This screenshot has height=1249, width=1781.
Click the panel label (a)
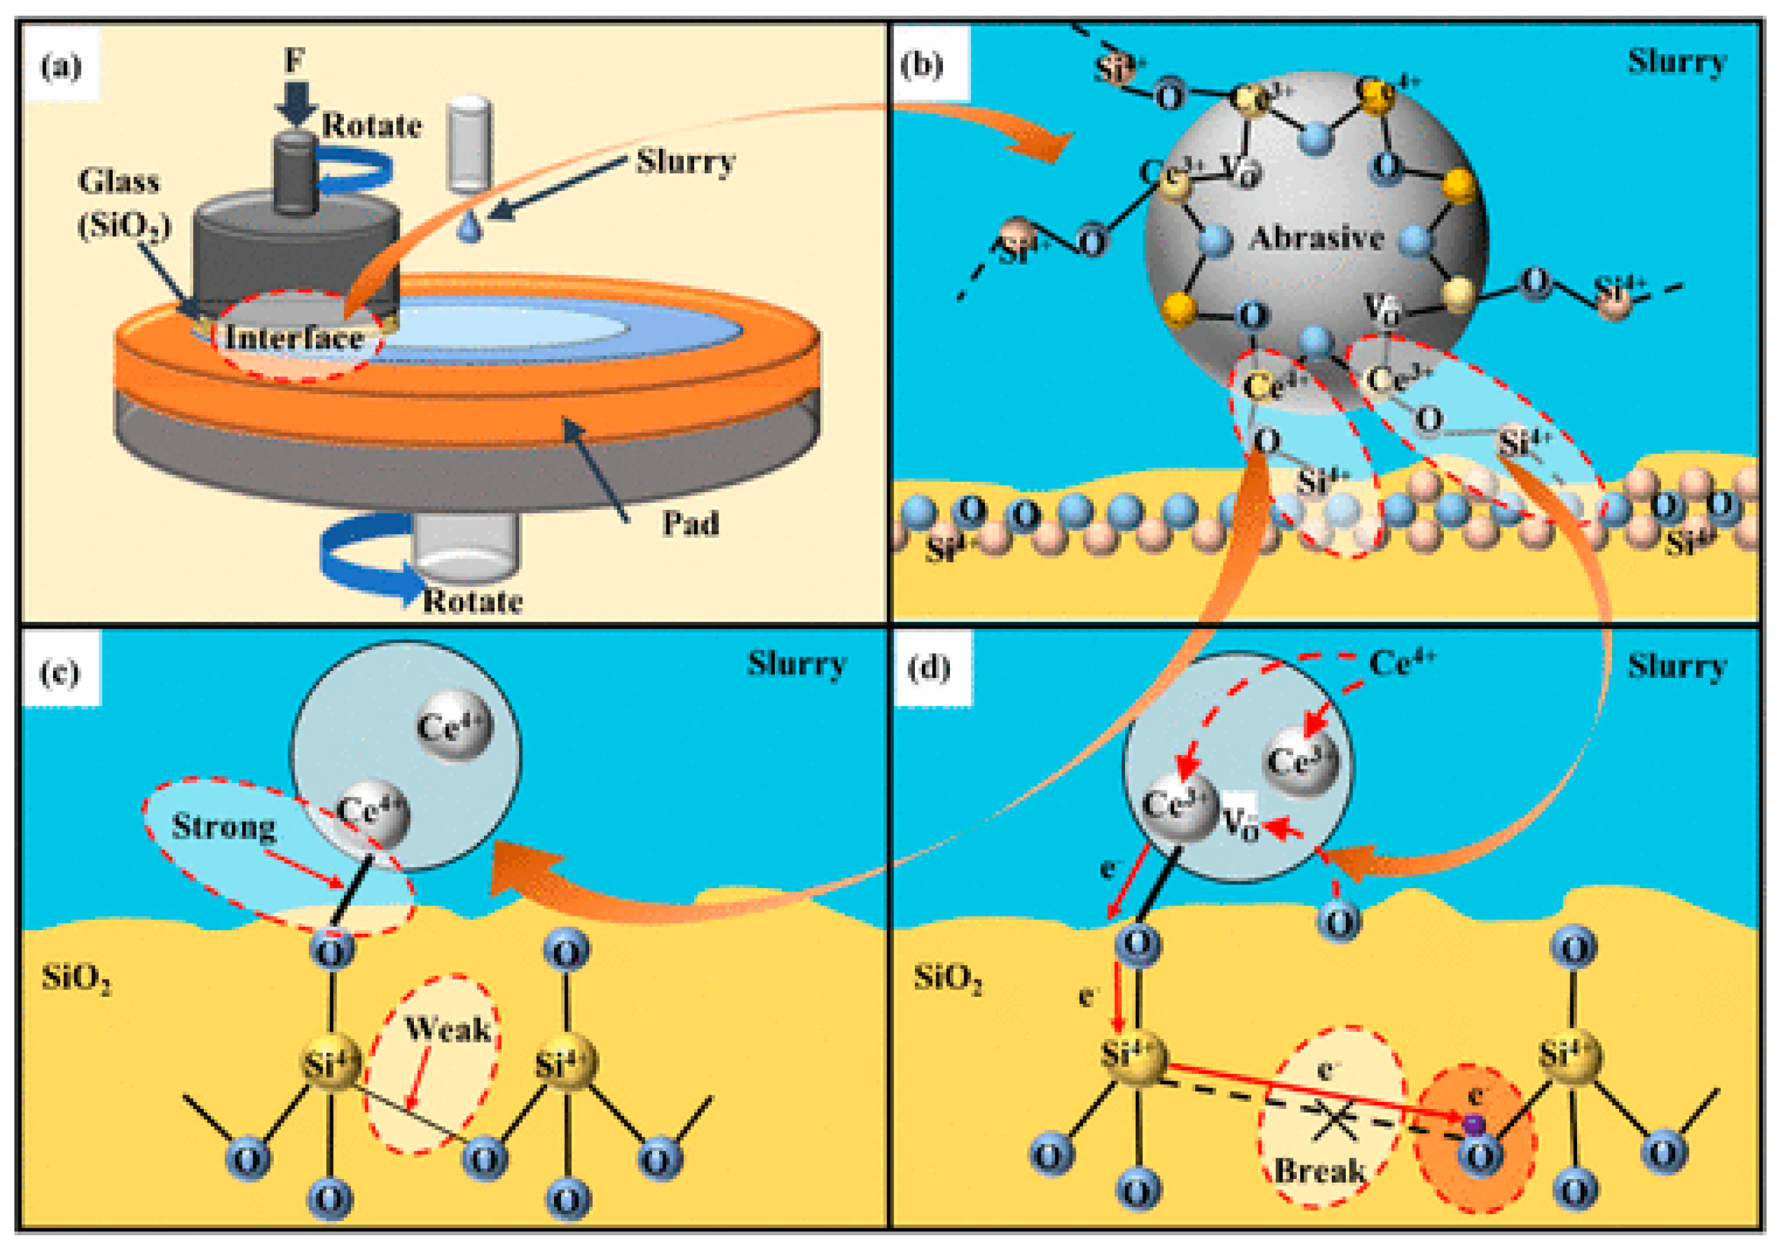(61, 68)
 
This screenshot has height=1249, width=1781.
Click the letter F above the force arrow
(294, 60)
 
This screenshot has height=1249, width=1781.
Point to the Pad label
(690, 523)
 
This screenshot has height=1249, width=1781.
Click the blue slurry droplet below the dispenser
(469, 228)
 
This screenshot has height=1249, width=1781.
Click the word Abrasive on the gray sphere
(1316, 238)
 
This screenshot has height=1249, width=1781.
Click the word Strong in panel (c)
(223, 826)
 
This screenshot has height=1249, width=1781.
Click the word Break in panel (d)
(1319, 1170)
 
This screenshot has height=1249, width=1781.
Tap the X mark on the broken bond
(1336, 1122)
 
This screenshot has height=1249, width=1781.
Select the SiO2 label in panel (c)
(75, 979)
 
